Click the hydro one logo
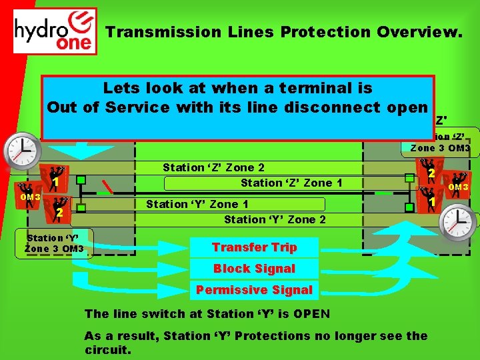(x=55, y=31)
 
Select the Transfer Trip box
(x=254, y=247)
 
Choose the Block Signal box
(x=254, y=269)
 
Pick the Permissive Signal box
(x=254, y=290)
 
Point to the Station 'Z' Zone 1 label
(x=291, y=183)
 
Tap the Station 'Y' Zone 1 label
(x=197, y=205)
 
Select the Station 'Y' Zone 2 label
(x=275, y=219)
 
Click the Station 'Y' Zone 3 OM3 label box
(x=55, y=243)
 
